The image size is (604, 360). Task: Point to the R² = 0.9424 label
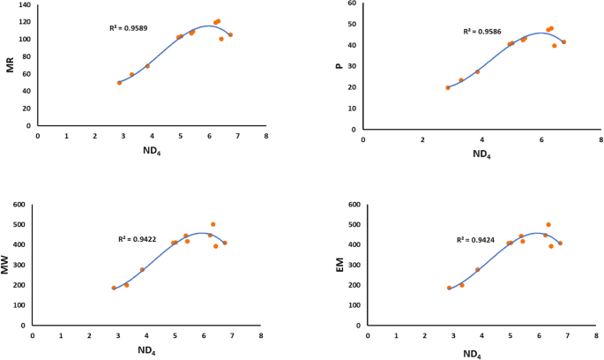pos(474,239)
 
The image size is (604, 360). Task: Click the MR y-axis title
pos(11,64)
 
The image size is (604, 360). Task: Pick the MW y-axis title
pos(7,266)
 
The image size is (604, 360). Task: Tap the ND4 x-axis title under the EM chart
pos(472,353)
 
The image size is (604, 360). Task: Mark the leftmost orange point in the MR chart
pos(119,82)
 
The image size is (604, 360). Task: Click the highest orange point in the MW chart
pos(213,224)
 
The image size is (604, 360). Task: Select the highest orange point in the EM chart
pos(548,224)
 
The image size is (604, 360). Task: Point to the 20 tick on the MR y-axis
pos(26,109)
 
